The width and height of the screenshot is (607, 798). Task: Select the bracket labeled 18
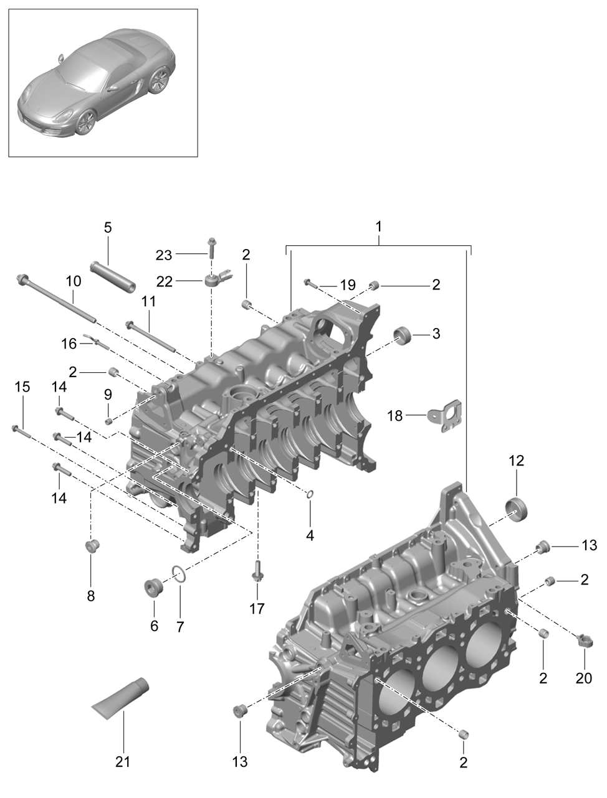[444, 416]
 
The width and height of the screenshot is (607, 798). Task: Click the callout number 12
[517, 461]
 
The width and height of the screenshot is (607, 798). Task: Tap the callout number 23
[163, 255]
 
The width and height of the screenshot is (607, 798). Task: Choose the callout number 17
[257, 608]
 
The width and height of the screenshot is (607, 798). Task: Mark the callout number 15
[22, 387]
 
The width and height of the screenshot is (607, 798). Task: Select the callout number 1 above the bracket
[378, 227]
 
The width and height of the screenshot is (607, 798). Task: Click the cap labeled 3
[403, 337]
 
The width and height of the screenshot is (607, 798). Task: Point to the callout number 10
[74, 281]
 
